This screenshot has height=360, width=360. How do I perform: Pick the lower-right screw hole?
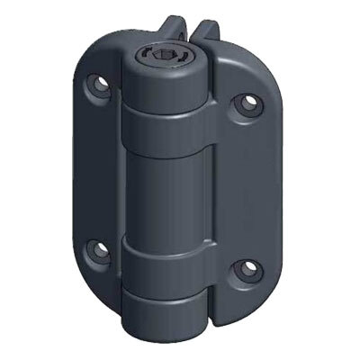click(x=242, y=269)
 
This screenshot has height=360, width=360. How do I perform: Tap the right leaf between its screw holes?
click(x=247, y=189)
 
